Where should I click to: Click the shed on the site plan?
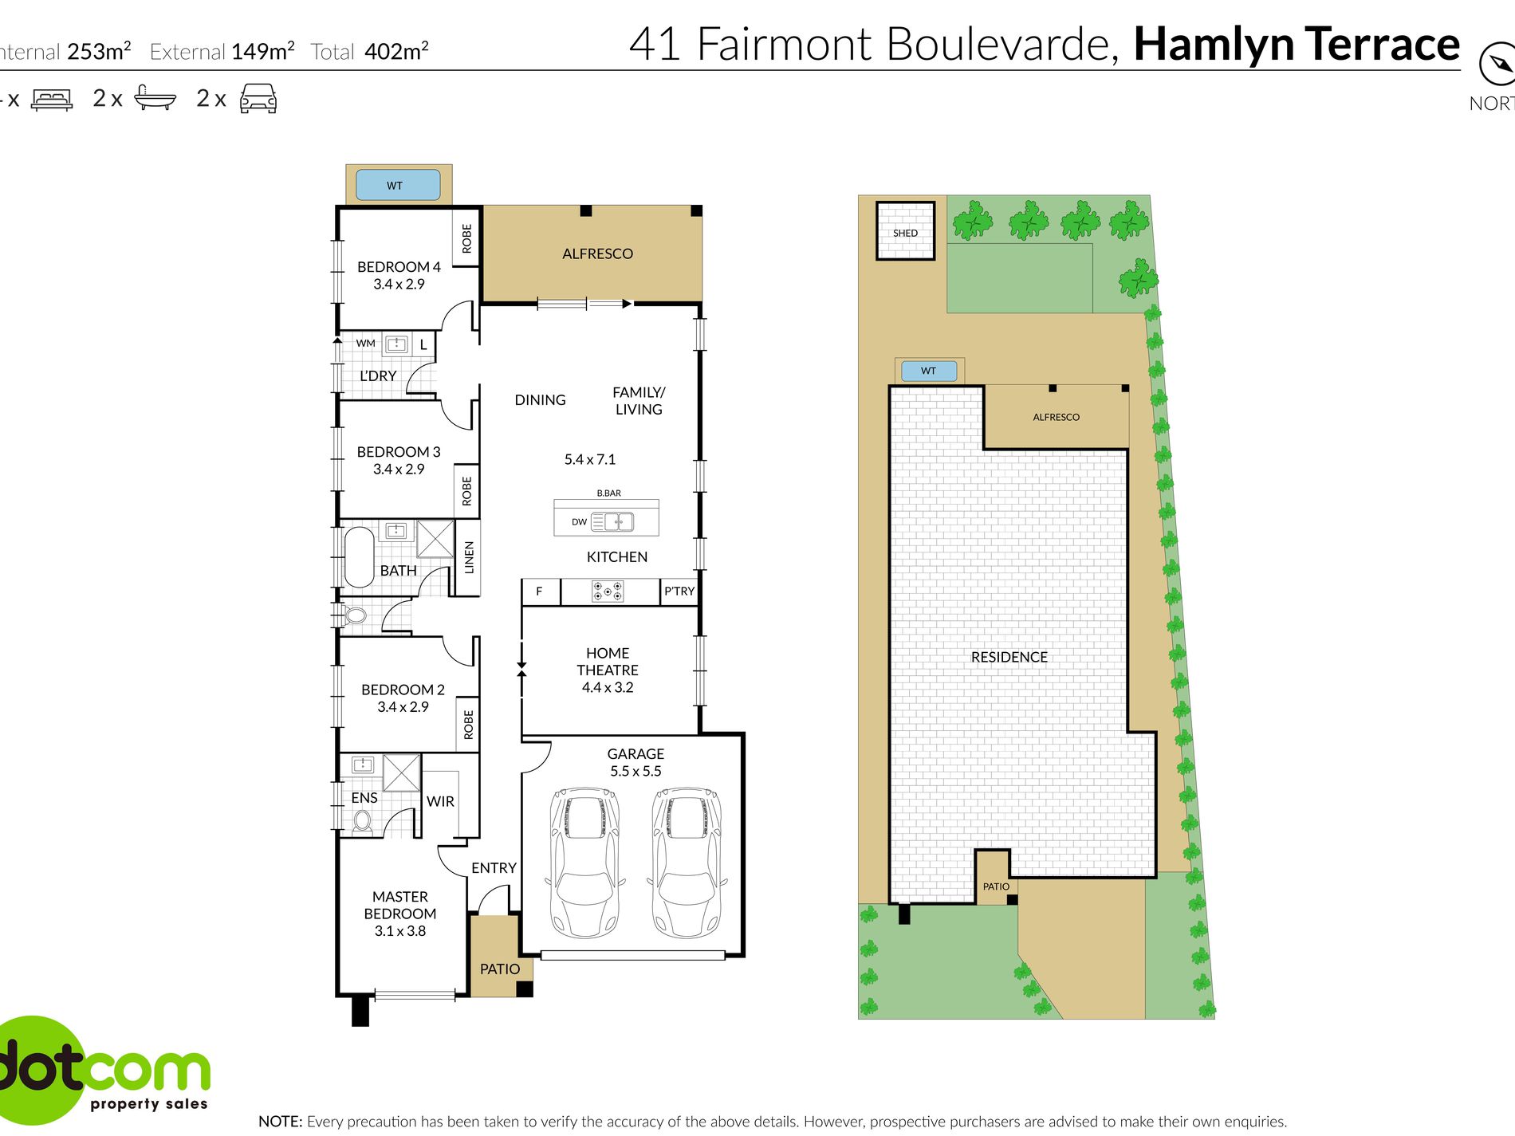tap(905, 230)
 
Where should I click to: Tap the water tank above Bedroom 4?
tap(397, 185)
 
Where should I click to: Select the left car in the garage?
tap(584, 863)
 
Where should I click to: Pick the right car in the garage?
tap(687, 863)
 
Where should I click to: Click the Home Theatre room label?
tap(608, 662)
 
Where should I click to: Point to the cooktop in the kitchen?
tap(608, 592)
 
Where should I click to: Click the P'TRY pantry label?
tap(679, 591)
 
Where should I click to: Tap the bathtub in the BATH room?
tap(359, 556)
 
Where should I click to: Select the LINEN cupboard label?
tap(469, 557)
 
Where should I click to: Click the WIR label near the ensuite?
tap(440, 801)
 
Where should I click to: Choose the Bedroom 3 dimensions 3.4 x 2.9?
tap(399, 470)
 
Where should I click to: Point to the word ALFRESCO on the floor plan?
tap(597, 254)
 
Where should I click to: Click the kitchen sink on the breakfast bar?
tap(619, 522)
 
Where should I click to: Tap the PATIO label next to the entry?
tap(500, 969)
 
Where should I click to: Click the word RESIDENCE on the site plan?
tap(1009, 657)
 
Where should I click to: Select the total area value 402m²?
tap(396, 52)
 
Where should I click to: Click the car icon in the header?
tap(258, 99)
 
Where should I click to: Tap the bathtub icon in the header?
tap(155, 97)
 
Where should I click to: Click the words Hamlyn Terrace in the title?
tap(1296, 44)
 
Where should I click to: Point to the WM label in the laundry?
tap(365, 344)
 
